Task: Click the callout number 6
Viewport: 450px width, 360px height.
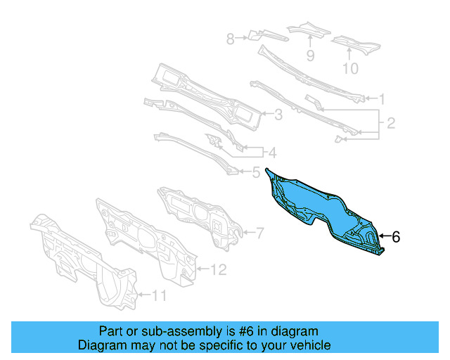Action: (x=396, y=238)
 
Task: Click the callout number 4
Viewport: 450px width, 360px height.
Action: (x=255, y=170)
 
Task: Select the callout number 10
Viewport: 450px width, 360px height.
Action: (x=349, y=68)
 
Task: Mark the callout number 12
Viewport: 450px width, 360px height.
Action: (x=219, y=269)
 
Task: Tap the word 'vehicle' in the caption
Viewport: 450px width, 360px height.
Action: (x=307, y=345)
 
